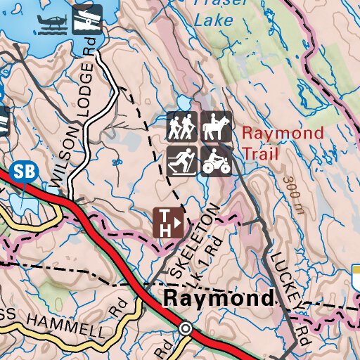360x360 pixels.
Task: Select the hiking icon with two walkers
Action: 182,127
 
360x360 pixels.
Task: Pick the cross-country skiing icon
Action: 182,161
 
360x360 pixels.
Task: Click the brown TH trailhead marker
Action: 169,222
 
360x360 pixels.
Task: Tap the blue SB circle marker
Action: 23,171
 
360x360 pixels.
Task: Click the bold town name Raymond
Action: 217,298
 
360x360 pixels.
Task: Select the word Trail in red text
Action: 260,154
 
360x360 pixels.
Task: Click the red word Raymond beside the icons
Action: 283,133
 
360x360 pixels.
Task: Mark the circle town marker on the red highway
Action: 186,328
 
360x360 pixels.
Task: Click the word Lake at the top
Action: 214,20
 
